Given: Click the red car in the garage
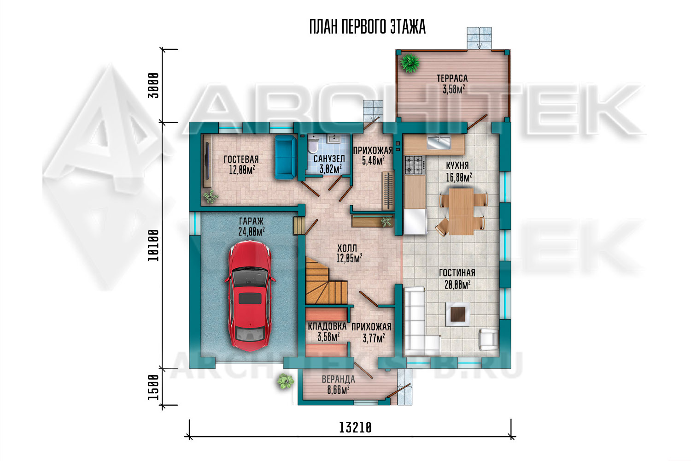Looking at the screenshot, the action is pyautogui.click(x=250, y=296).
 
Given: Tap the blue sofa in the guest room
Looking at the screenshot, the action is pyautogui.click(x=285, y=158).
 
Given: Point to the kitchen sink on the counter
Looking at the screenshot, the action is pyautogui.click(x=439, y=143).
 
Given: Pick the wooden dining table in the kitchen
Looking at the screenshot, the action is pyautogui.click(x=461, y=212).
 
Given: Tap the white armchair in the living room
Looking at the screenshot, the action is pyautogui.click(x=488, y=340).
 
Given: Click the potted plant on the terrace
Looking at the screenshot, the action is pyautogui.click(x=410, y=63).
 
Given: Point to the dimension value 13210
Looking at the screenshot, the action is pyautogui.click(x=355, y=428).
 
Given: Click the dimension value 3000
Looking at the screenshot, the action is pyautogui.click(x=153, y=86).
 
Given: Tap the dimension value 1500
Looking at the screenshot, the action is pyautogui.click(x=153, y=387).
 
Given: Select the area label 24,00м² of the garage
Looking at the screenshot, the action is pyautogui.click(x=252, y=231).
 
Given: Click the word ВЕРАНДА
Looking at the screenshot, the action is pyautogui.click(x=339, y=379).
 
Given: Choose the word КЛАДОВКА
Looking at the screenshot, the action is pyautogui.click(x=327, y=326).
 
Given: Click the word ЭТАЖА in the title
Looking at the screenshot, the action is pyautogui.click(x=408, y=27).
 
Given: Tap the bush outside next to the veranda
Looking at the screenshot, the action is pyautogui.click(x=285, y=381).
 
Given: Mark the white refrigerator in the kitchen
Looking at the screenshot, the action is pyautogui.click(x=416, y=222).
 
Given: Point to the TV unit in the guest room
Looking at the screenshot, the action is pyautogui.click(x=207, y=161).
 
